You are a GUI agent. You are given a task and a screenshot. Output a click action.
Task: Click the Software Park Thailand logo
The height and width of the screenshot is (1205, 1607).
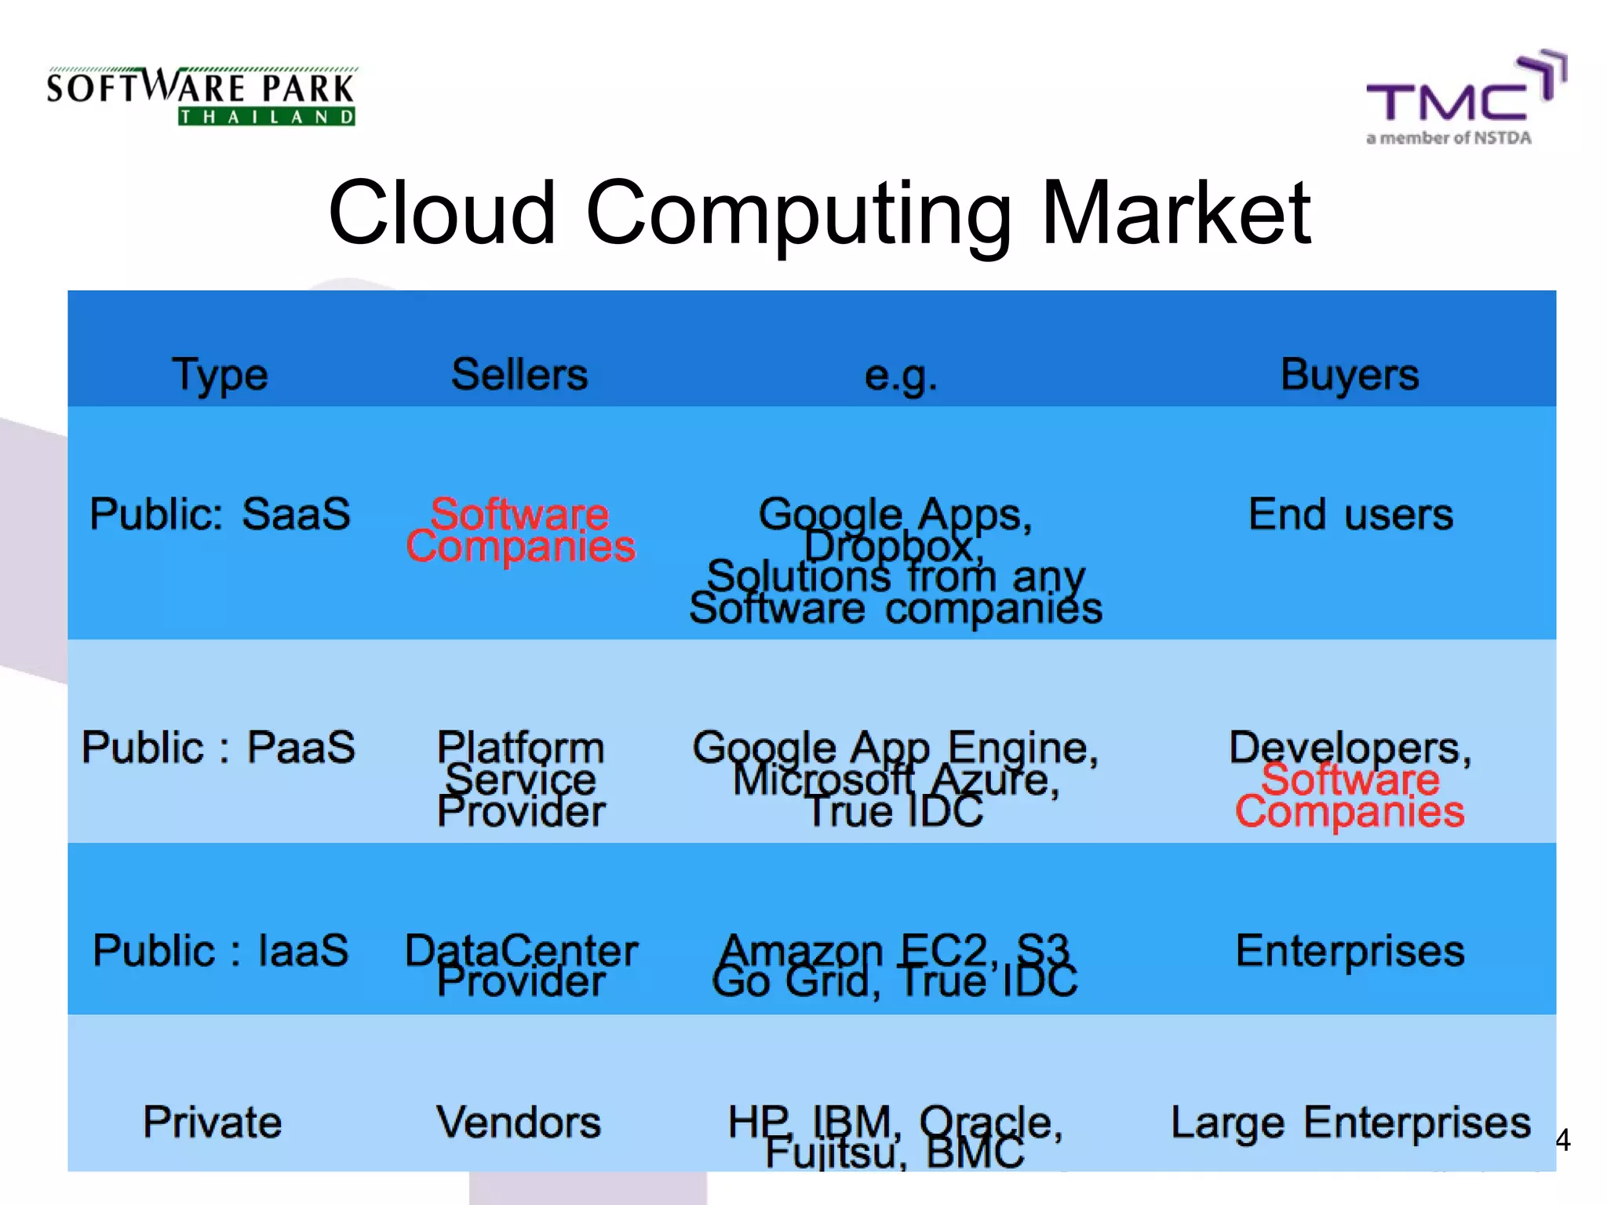[x=201, y=96]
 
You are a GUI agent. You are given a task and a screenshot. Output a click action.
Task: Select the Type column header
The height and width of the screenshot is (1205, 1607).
[x=220, y=375]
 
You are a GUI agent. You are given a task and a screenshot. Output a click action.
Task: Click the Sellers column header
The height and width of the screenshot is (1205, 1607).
[x=519, y=374]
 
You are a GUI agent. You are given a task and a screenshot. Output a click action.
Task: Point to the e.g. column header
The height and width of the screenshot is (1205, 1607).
[x=900, y=375]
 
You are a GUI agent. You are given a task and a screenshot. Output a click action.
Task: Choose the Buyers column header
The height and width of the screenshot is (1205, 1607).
[x=1350, y=374]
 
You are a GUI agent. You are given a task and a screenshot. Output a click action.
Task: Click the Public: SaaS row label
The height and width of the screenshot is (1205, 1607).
[x=220, y=515]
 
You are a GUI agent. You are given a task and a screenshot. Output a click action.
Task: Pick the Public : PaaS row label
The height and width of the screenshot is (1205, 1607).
[x=218, y=747]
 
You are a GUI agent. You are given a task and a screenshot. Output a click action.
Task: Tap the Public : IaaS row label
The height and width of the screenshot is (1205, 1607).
[x=220, y=951]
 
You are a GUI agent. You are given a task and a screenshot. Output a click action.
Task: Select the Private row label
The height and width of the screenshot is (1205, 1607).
[x=212, y=1122]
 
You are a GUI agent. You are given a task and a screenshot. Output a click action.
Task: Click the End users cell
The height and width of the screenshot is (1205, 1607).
[x=1350, y=515]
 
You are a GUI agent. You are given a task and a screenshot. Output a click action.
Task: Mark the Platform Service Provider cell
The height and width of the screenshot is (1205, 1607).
[x=521, y=779]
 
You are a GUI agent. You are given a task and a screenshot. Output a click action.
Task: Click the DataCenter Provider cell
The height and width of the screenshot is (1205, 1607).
[x=521, y=966]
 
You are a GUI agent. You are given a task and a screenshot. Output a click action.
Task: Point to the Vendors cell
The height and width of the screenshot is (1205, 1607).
[x=519, y=1122]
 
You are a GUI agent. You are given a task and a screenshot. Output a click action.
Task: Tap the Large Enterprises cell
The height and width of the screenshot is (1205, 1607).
[x=1350, y=1122]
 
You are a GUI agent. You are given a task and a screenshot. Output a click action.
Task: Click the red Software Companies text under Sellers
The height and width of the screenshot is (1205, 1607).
[x=520, y=530]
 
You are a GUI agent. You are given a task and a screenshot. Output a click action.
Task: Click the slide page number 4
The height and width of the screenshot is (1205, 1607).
[x=1562, y=1140]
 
